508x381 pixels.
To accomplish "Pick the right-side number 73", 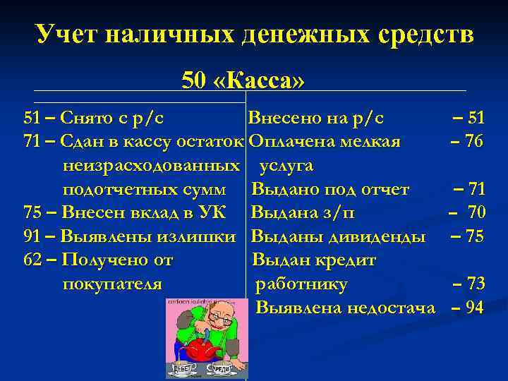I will coord(474,284).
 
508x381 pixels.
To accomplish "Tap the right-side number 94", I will coord(474,308).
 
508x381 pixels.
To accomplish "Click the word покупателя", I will coord(112,284).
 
